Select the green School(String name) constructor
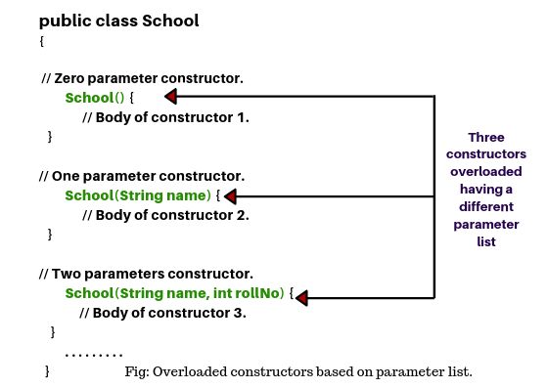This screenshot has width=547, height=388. coord(137,195)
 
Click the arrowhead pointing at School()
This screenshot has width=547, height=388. coord(169,96)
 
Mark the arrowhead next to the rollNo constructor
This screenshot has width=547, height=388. coord(299,296)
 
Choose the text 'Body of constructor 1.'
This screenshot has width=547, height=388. coord(173,117)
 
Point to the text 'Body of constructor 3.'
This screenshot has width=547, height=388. coord(169,313)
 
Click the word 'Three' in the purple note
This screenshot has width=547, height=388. coord(486,137)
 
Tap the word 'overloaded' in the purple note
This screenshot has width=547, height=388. coord(486,172)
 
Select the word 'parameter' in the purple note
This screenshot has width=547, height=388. coord(486,225)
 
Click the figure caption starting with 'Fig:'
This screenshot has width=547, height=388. coord(298,371)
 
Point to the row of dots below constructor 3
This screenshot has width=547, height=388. coord(93,353)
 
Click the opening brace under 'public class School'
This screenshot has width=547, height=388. coord(43,42)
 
